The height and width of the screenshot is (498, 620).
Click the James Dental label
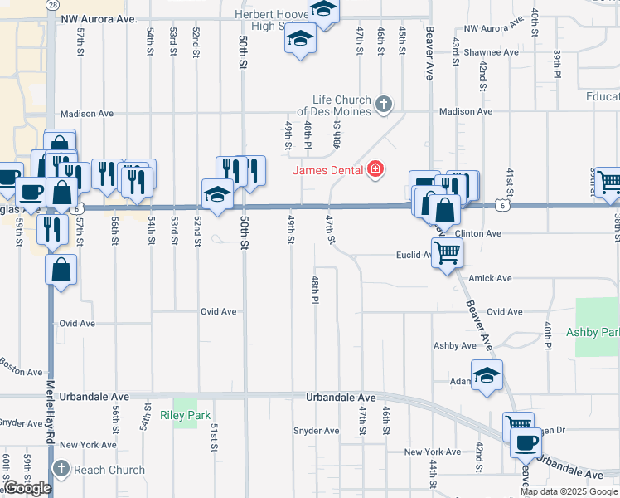pyautogui.click(x=327, y=170)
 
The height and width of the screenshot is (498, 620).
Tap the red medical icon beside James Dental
pyautogui.click(x=375, y=170)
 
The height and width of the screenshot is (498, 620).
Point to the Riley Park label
pyautogui.click(x=186, y=415)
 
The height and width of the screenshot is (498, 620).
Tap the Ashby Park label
pyautogui.click(x=593, y=332)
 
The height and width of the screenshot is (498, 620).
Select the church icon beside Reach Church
pyautogui.click(x=61, y=470)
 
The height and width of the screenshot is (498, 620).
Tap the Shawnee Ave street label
pyautogui.click(x=492, y=52)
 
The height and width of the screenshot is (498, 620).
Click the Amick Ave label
pyautogui.click(x=490, y=279)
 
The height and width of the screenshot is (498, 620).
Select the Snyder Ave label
pyautogui.click(x=317, y=431)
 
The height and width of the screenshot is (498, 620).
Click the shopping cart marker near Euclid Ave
pyautogui.click(x=447, y=251)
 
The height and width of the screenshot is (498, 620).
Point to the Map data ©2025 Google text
pyautogui.click(x=568, y=491)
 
